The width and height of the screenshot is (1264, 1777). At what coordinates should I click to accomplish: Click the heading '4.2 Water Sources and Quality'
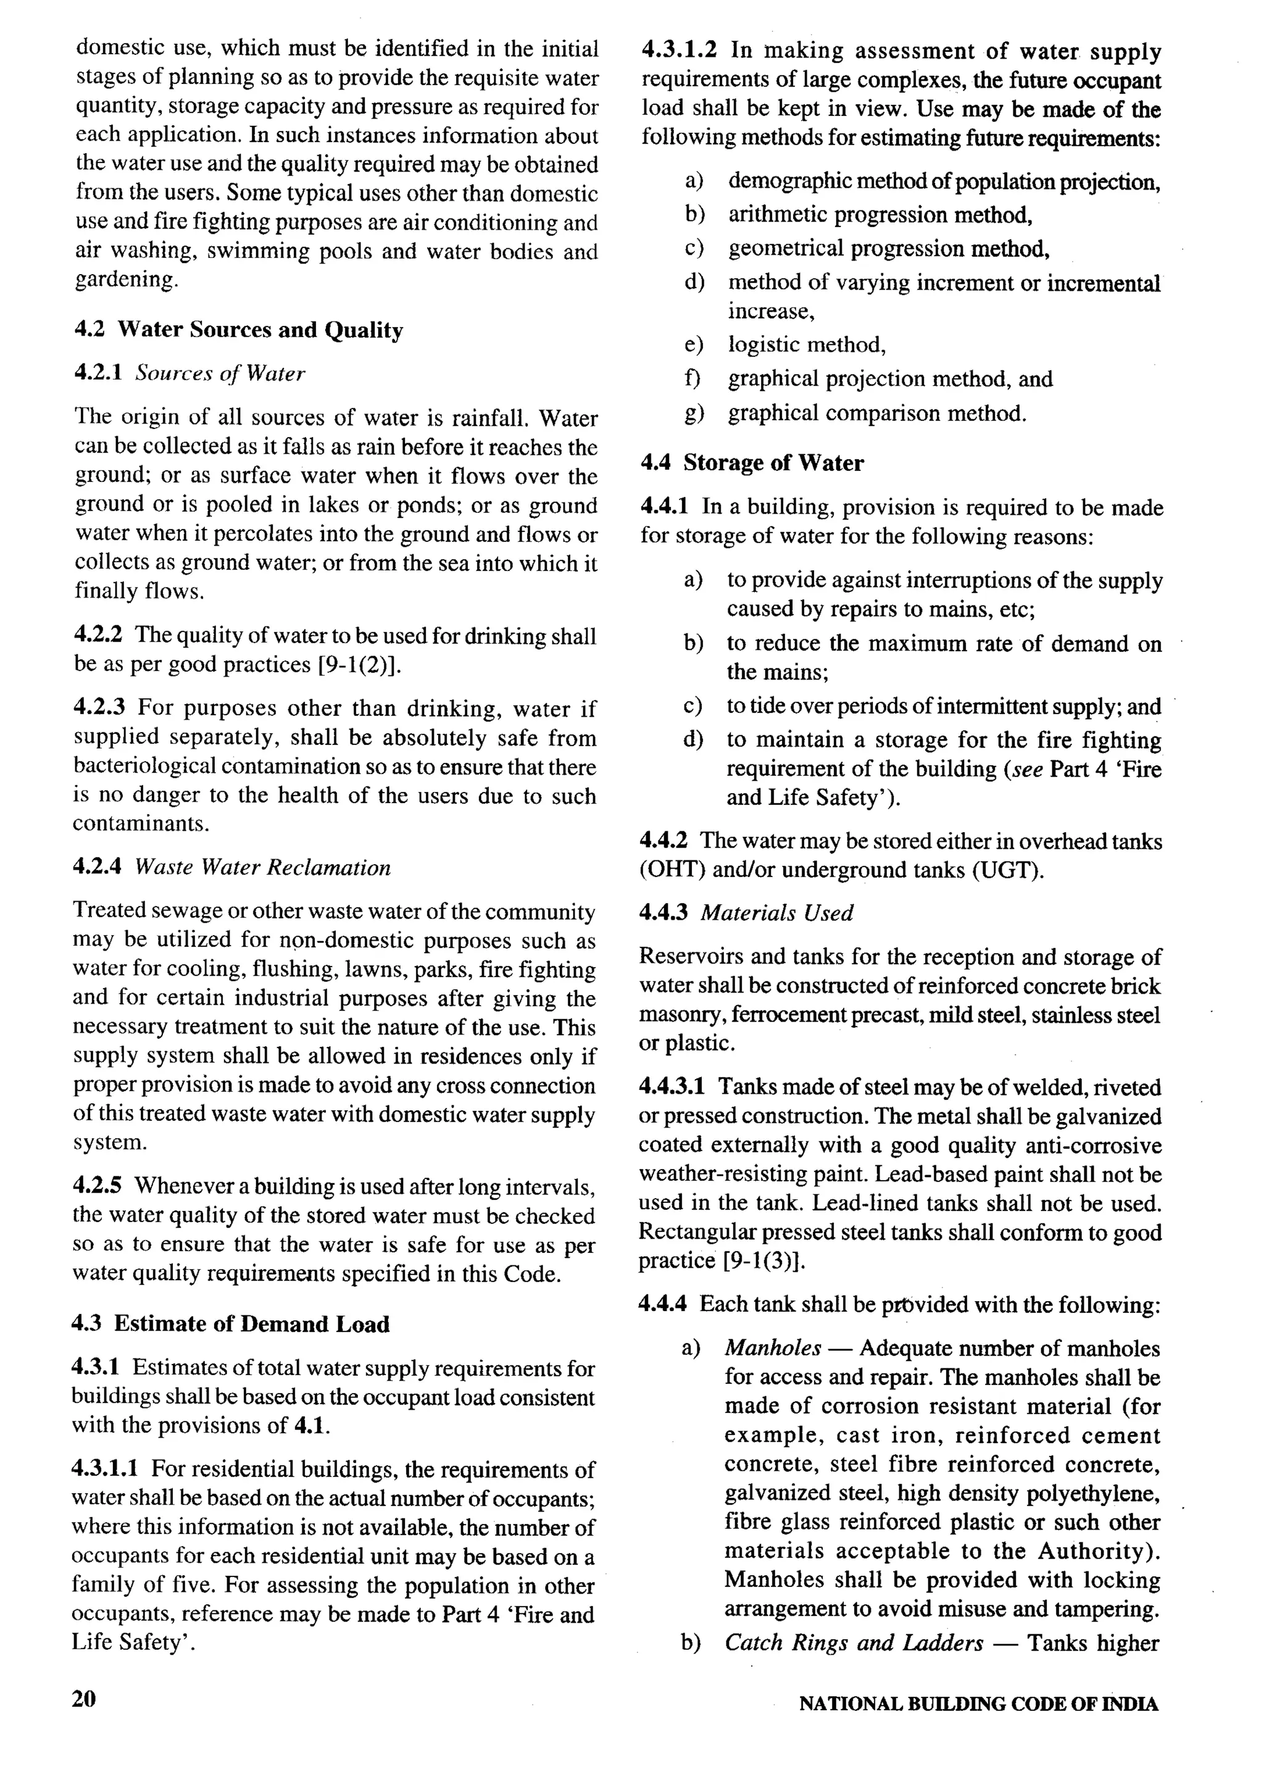[239, 330]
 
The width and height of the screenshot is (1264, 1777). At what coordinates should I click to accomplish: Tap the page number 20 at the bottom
[84, 1699]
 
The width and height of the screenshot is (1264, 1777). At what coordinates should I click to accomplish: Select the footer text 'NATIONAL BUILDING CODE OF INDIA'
[978, 1704]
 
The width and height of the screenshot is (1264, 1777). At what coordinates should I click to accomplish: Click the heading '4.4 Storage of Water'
[752, 463]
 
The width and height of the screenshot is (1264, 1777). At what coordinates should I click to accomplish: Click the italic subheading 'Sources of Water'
[220, 373]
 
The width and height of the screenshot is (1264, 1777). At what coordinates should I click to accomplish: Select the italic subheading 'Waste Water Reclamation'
[262, 868]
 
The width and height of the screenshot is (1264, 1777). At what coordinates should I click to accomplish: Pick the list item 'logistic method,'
[807, 345]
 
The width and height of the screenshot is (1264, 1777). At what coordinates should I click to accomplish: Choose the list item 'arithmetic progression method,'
[880, 215]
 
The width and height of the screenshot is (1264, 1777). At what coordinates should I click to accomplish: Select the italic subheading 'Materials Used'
[777, 913]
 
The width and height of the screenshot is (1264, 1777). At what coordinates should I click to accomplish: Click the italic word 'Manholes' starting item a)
[773, 1347]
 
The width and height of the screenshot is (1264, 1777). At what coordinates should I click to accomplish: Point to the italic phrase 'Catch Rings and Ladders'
[854, 1642]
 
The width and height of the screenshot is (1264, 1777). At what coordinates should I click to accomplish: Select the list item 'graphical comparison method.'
[877, 414]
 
